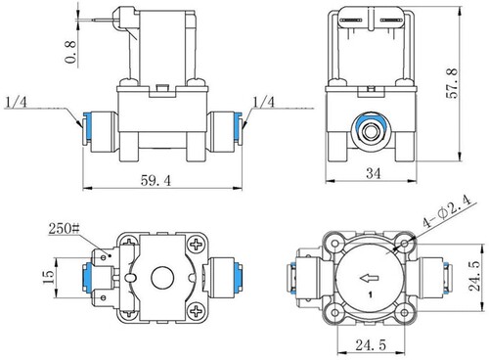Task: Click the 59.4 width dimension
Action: coord(156,180)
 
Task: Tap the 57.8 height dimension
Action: coord(452,83)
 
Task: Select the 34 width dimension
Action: coord(374,173)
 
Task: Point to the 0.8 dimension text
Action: coord(70,52)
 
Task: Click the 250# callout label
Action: coord(64,228)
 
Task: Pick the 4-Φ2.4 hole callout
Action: coord(447,211)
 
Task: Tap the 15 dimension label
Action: coord(49,277)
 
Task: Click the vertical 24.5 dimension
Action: coord(473,276)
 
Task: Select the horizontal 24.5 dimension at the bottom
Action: coord(371,344)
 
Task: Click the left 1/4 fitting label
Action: coord(17,103)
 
